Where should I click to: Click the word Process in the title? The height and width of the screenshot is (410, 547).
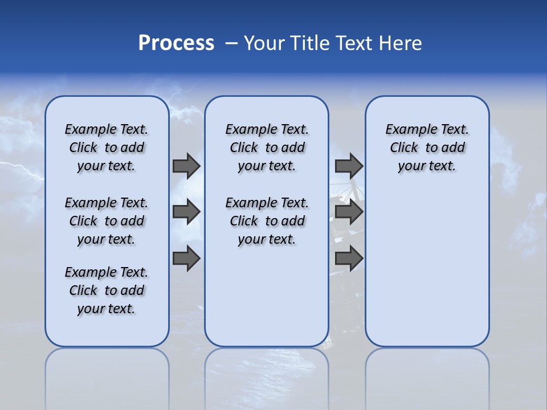coord(176,43)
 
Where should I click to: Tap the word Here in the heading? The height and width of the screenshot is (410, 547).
coord(401,43)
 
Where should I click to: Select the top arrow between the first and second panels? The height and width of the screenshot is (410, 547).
coord(186,166)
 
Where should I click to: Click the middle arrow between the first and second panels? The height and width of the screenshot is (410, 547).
coord(186,212)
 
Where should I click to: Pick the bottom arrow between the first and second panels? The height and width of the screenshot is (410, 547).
coord(186,258)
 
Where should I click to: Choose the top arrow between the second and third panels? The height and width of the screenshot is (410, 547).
coord(349,166)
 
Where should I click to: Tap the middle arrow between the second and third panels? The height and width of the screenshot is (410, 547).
coord(349,212)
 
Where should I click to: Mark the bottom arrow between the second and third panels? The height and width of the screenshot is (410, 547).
coord(349,258)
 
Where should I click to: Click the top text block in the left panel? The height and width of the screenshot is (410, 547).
coord(107,147)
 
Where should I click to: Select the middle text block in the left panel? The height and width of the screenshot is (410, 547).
coord(107,221)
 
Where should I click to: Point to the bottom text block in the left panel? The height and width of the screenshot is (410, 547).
coord(107,290)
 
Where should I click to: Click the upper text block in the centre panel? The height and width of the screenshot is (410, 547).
coord(267,147)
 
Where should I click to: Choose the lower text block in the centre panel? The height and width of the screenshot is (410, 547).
coord(267,221)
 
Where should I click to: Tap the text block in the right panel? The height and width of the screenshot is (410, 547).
coord(427,147)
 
